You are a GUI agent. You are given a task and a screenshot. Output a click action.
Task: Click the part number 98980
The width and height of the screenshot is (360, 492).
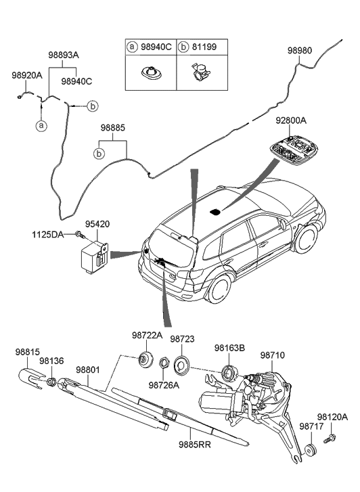300,50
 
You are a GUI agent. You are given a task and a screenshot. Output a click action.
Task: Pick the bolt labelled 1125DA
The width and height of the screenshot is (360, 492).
79,235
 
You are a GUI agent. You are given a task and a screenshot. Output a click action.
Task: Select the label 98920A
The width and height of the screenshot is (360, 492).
26,76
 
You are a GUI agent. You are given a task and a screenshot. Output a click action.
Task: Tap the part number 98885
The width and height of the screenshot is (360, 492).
113,127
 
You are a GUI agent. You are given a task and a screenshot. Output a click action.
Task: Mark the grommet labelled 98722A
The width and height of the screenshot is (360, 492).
144,359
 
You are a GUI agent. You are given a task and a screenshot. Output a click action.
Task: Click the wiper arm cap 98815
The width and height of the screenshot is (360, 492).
29,373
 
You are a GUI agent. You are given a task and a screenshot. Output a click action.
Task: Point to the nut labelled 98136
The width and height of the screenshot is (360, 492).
51,383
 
